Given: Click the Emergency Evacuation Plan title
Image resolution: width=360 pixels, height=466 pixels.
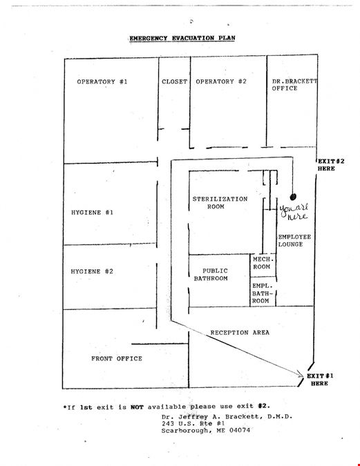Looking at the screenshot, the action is [182, 38].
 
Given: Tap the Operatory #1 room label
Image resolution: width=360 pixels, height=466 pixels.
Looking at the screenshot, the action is [102, 81].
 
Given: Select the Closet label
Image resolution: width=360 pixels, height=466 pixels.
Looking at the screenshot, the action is [175, 81].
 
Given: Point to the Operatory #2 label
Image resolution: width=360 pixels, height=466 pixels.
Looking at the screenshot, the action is [221, 81].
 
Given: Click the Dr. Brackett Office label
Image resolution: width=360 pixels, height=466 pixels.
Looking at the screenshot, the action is [294, 85].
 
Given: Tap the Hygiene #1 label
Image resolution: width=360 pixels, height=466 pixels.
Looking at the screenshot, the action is [92, 213].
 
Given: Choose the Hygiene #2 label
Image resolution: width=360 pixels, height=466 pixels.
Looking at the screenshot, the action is [92, 271].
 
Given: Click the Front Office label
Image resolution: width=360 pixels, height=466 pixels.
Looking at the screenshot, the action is [117, 359].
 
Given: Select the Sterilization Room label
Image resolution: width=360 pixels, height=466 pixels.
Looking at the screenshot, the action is [220, 203].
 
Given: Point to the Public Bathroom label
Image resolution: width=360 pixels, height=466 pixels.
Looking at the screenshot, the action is [211, 275].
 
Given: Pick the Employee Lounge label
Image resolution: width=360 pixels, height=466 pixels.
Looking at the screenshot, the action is [295, 241].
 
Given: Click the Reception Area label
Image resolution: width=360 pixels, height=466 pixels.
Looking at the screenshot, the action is [240, 333].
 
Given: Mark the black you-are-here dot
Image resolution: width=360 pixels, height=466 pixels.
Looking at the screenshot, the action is [293, 197].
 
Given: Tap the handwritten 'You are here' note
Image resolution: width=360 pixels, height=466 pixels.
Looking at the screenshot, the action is [294, 212].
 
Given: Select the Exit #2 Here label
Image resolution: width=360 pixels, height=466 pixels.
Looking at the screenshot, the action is [331, 165].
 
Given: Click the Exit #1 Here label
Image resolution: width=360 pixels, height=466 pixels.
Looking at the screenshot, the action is [320, 380].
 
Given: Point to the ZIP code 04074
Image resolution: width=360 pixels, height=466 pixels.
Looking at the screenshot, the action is [240, 430].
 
